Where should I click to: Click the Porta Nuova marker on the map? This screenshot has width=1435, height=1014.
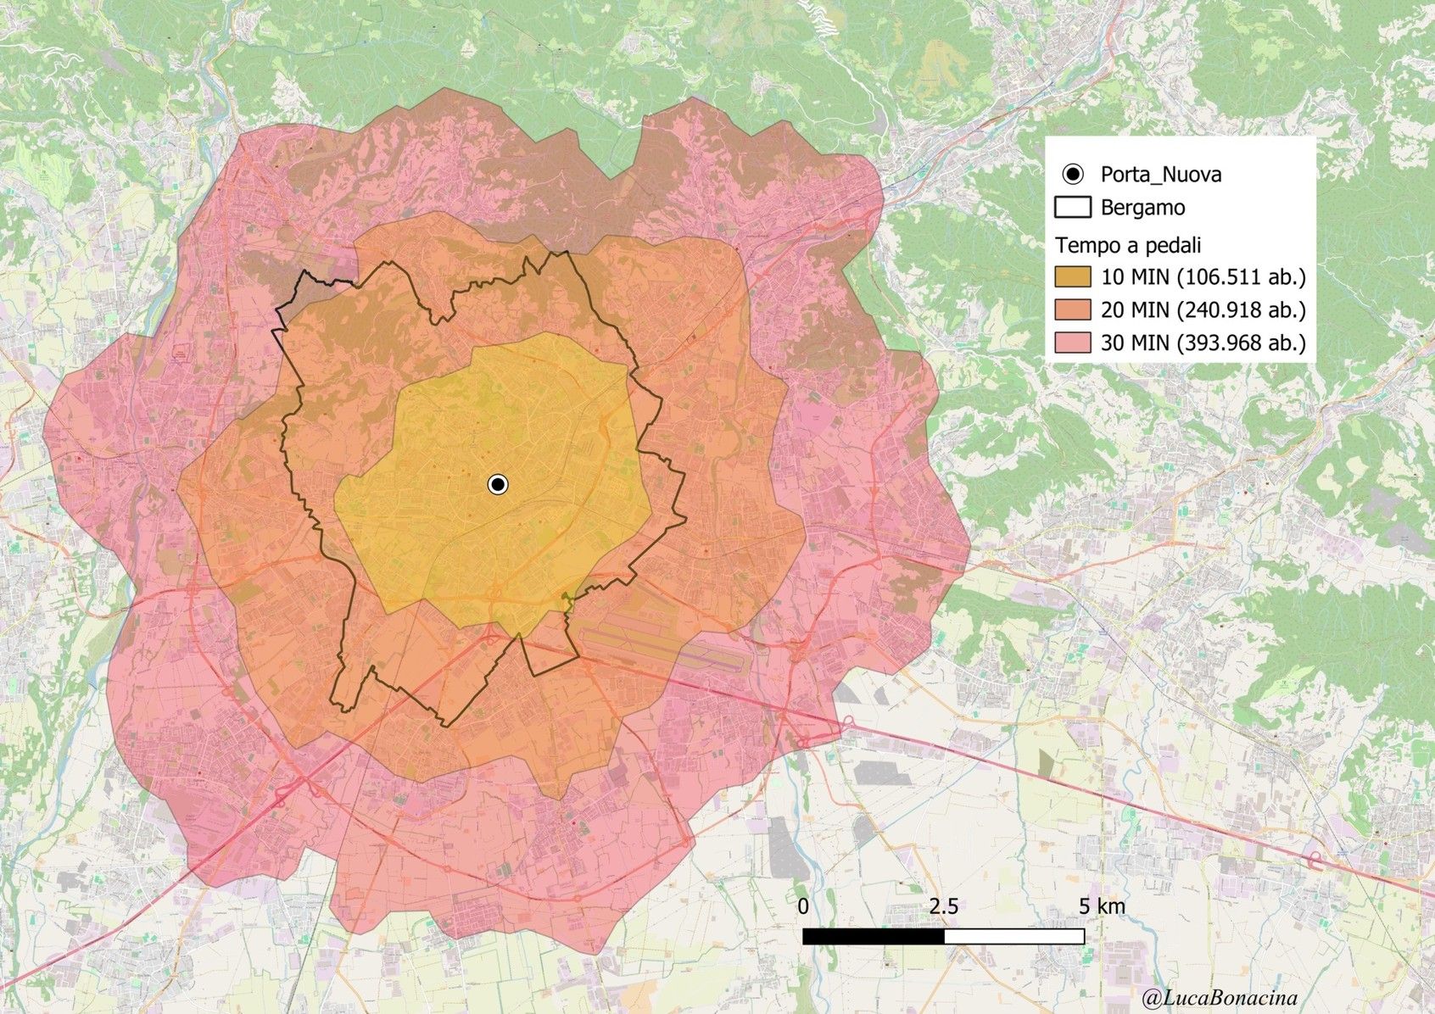click(498, 484)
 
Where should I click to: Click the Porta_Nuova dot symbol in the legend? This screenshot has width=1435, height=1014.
click(1073, 175)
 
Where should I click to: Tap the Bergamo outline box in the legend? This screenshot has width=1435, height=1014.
click(1073, 208)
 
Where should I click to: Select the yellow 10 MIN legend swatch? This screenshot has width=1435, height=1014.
click(1073, 276)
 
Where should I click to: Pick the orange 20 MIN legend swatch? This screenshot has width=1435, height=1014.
click(1073, 309)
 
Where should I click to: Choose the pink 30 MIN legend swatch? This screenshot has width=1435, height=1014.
click(1073, 343)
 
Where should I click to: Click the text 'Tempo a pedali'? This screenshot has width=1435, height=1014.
click(1128, 245)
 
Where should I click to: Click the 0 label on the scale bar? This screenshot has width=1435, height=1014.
click(803, 906)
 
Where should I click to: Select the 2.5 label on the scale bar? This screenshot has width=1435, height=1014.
click(943, 906)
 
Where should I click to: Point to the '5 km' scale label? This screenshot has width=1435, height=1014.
click(1102, 906)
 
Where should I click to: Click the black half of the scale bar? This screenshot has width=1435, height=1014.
click(874, 936)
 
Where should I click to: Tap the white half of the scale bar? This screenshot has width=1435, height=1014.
click(1014, 936)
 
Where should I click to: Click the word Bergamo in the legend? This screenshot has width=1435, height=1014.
click(1142, 208)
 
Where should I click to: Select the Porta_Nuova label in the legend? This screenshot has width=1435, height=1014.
click(1161, 175)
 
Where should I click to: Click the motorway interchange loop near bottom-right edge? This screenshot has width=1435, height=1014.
click(1317, 860)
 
